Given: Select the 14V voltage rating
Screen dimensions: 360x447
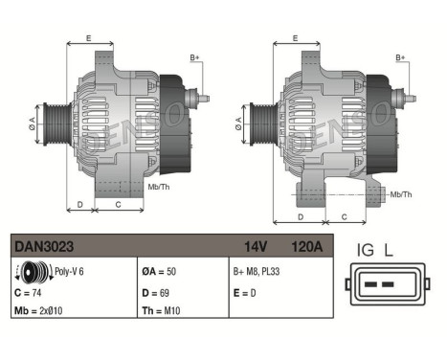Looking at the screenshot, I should pyautogui.click(x=254, y=246).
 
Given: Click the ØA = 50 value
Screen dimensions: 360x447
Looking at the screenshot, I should pyautogui.click(x=161, y=271).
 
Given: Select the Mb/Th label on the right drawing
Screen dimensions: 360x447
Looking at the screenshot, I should pyautogui.click(x=401, y=194).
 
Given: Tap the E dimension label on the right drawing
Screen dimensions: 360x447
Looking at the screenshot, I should pyautogui.click(x=295, y=39).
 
